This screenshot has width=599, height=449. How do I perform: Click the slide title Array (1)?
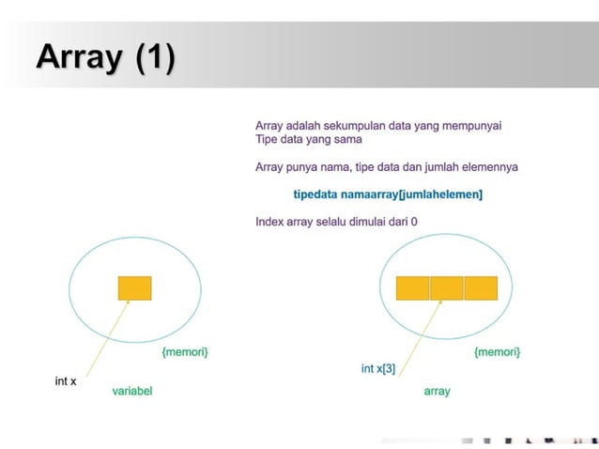click(x=105, y=57)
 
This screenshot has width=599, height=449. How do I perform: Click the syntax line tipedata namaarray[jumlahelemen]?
click(x=388, y=194)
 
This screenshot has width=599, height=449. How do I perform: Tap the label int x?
click(x=65, y=381)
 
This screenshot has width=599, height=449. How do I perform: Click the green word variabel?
click(x=132, y=391)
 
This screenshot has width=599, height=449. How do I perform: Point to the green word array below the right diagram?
click(x=438, y=391)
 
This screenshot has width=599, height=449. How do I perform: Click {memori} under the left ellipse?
click(x=185, y=351)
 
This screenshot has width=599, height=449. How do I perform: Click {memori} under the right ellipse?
click(x=498, y=351)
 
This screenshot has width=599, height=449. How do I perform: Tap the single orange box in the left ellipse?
click(x=135, y=287)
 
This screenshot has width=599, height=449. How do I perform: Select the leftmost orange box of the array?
click(x=412, y=287)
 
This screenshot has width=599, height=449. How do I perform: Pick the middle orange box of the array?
click(x=447, y=287)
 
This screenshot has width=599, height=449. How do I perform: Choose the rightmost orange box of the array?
click(x=481, y=287)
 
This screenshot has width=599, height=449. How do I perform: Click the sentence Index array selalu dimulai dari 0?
click(x=336, y=222)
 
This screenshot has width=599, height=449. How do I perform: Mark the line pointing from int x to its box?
click(x=108, y=334)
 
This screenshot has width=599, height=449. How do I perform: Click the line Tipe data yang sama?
click(x=309, y=140)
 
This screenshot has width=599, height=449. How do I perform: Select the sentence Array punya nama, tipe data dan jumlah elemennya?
click(x=387, y=167)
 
